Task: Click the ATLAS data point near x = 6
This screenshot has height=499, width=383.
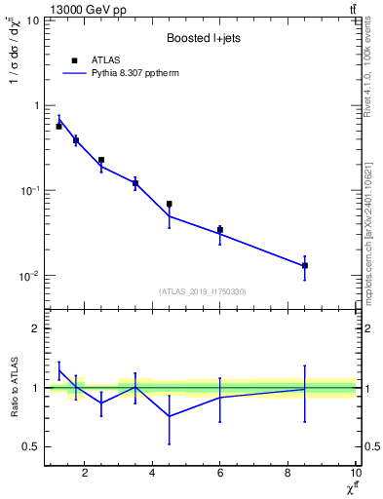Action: click(220, 230)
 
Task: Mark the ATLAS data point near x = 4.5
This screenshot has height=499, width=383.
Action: click(170, 204)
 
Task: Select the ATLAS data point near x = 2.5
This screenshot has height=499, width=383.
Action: click(101, 160)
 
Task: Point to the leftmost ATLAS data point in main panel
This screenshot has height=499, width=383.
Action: click(58, 127)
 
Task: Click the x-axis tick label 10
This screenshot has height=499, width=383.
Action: click(356, 474)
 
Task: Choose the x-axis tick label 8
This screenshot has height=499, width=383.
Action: click(287, 474)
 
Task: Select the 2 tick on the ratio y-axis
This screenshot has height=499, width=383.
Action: click(36, 328)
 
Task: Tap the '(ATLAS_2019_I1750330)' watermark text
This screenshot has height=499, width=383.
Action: click(203, 291)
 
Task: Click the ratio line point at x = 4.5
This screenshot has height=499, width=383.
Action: click(170, 416)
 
